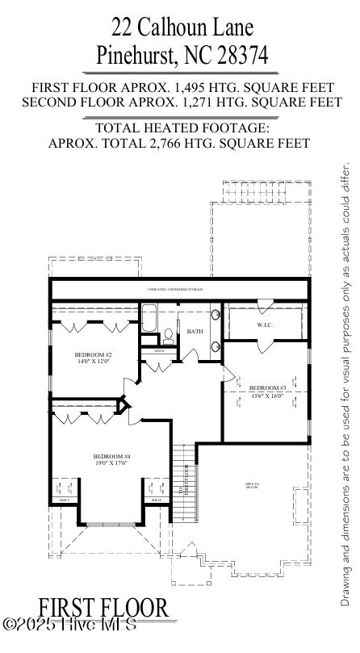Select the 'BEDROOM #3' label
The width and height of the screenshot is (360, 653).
click(267, 387)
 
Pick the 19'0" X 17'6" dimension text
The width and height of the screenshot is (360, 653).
click(111, 464)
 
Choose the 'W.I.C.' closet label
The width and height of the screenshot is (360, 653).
click(265, 325)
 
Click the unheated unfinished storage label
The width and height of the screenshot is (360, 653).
click(175, 289)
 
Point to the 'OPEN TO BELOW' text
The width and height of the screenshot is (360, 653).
click(252, 485)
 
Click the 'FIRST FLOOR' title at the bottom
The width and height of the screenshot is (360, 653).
click(103, 609)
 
